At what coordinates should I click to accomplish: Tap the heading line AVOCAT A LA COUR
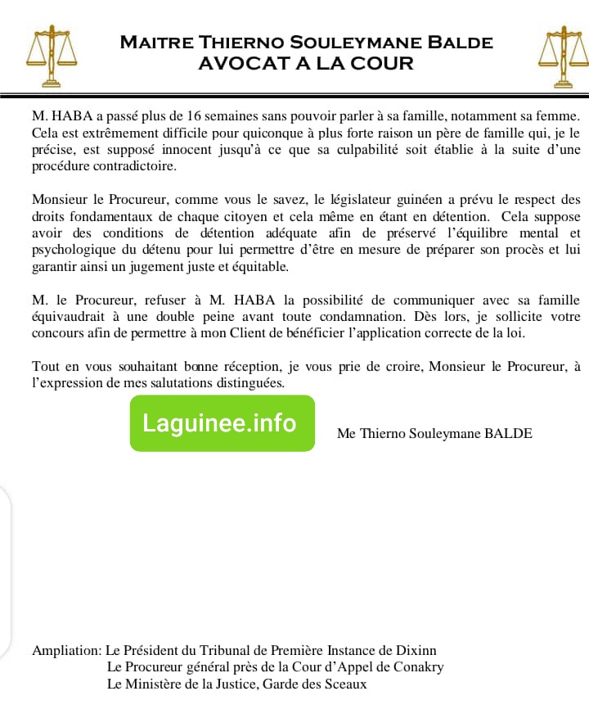click(306, 63)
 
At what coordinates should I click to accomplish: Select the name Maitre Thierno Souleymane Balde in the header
click(306, 42)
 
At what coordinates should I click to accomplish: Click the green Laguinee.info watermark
click(222, 423)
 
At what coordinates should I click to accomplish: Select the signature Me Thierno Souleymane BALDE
click(434, 434)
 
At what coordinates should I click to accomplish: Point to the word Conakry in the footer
click(416, 667)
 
